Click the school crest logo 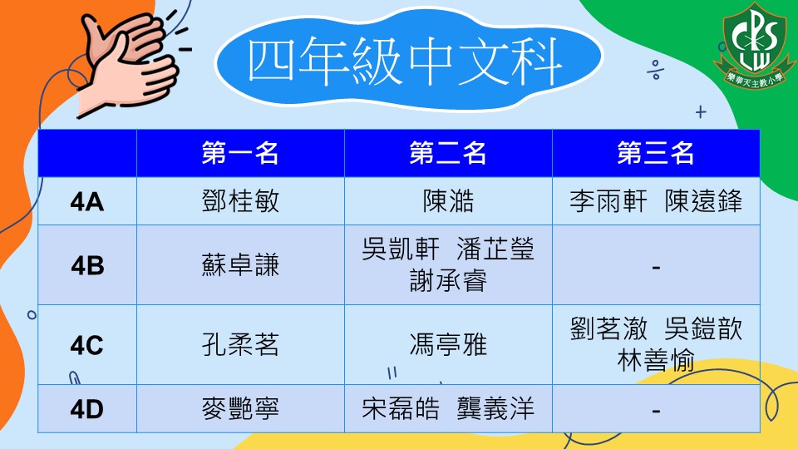click(x=755, y=46)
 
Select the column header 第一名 click(x=240, y=153)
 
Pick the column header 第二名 click(x=448, y=153)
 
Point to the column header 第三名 click(x=656, y=153)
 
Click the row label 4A click(x=87, y=202)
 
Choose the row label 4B click(x=87, y=266)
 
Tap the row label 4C click(x=87, y=346)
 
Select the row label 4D click(x=87, y=409)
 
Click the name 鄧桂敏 click(x=240, y=201)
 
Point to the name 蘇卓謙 click(x=240, y=265)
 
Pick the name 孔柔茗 click(x=240, y=345)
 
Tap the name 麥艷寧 click(x=240, y=409)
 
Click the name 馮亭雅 click(x=448, y=345)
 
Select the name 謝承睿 click(x=448, y=281)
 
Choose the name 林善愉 click(x=656, y=361)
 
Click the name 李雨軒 click(x=608, y=201)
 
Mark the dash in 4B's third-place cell click(x=656, y=267)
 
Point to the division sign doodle click(x=656, y=70)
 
